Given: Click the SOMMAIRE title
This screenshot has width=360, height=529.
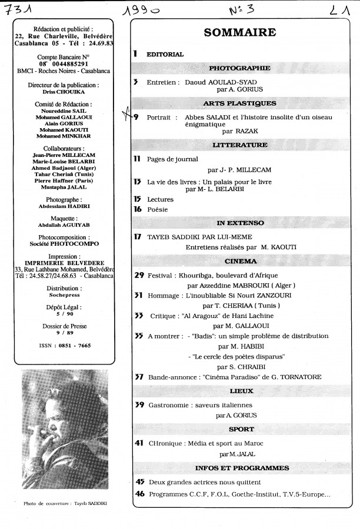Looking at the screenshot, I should [x=241, y=34].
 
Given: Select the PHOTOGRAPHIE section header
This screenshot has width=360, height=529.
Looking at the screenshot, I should [x=241, y=68].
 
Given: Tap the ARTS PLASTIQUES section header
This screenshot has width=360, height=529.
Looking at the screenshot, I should [x=241, y=103].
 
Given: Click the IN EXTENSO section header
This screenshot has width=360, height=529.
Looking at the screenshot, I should [x=241, y=223].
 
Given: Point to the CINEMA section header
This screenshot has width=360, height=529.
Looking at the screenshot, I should [x=241, y=261].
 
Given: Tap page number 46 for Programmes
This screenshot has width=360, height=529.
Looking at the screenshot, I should [x=139, y=494].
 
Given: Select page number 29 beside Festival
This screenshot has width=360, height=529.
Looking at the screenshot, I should [x=139, y=274].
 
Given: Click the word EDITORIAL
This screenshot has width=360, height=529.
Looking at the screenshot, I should [x=165, y=54].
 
